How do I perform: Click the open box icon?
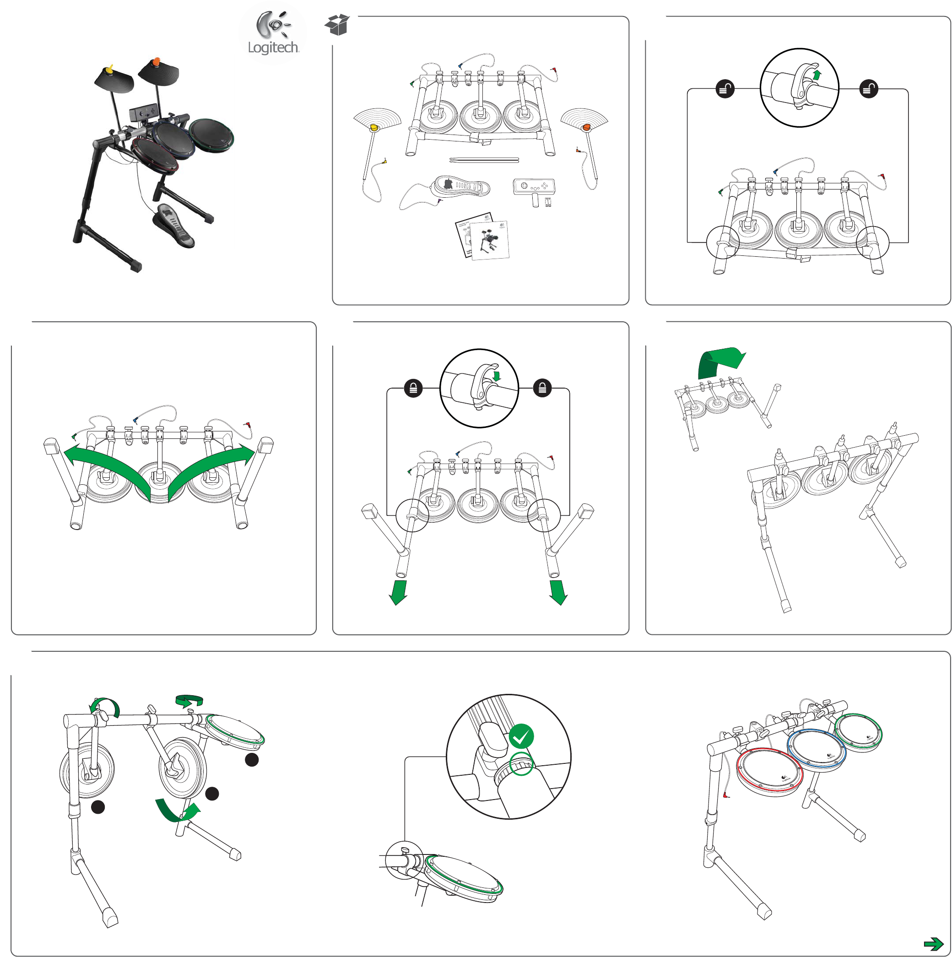pos(337,24)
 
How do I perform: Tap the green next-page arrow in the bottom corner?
pos(933,943)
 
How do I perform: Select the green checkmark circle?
pos(521,736)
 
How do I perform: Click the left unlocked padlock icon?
pos(725,89)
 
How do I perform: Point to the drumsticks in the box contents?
pos(484,160)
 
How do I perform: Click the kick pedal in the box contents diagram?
pos(460,186)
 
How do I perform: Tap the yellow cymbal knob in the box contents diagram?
pos(374,128)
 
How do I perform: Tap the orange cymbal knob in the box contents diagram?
pos(586,127)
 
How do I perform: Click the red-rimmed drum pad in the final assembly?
pos(769,772)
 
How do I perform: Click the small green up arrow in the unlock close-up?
pos(817,75)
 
